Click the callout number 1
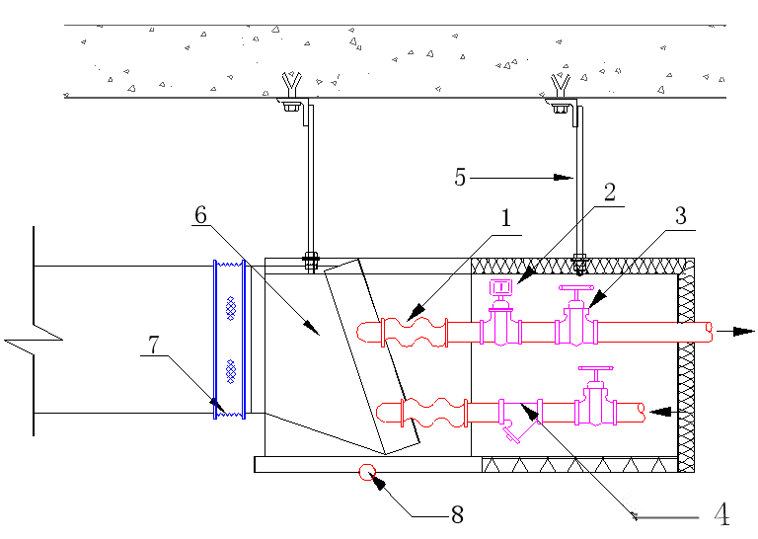[505, 218]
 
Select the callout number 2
[610, 192]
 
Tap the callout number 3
[681, 215]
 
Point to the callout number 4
[721, 514]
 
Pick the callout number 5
[460, 177]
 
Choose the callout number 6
[200, 214]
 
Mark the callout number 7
[153, 346]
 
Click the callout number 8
[457, 515]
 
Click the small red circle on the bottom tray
[367, 472]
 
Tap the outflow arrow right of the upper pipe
[734, 331]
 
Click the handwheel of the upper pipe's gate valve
[575, 288]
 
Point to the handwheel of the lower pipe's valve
[595, 369]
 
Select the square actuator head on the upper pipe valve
[500, 288]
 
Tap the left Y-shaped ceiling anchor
[291, 85]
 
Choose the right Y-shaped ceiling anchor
[561, 86]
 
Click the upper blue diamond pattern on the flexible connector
[231, 308]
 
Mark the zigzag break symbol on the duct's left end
[34, 331]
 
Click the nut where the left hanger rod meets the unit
[310, 262]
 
